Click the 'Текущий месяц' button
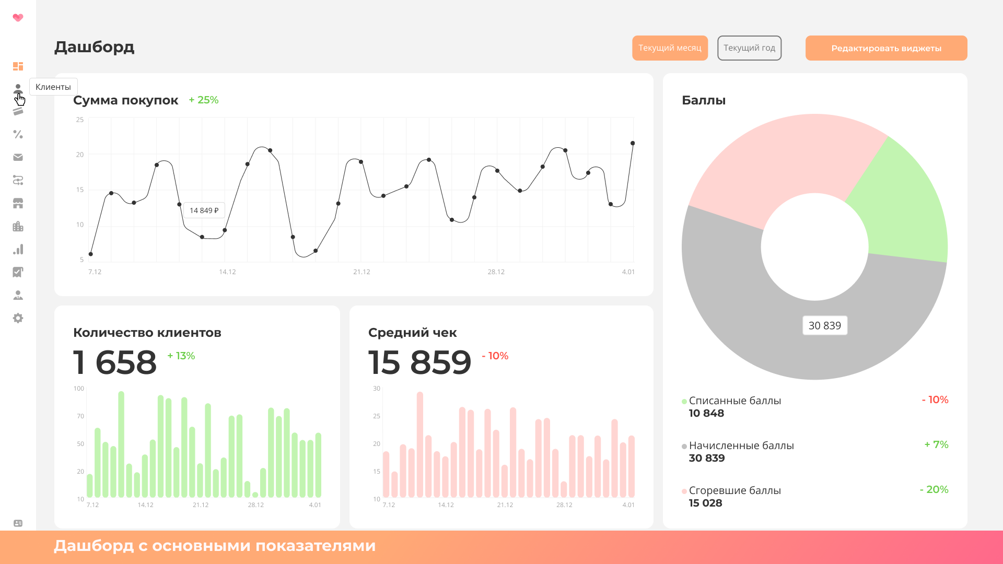(670, 48)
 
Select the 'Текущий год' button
(749, 48)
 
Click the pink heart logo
(18, 18)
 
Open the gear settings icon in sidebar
(18, 318)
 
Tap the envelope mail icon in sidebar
(18, 157)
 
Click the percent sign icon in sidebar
(18, 134)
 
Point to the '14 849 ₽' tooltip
(204, 210)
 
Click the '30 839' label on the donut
(824, 326)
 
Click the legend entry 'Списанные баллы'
(734, 401)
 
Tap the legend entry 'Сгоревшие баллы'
(734, 490)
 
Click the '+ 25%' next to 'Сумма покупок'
(204, 100)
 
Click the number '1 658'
(115, 362)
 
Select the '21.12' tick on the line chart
(361, 272)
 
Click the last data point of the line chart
(633, 143)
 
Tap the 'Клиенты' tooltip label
(53, 87)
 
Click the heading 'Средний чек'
(412, 333)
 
